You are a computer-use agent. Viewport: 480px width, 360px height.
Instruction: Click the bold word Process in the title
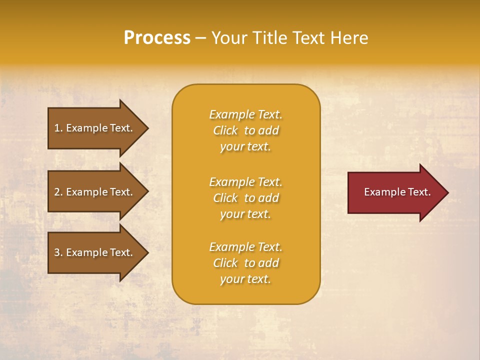pos(157,37)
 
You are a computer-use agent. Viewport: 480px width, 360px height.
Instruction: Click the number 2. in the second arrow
pos(58,192)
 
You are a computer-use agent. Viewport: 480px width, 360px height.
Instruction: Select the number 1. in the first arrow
pos(58,128)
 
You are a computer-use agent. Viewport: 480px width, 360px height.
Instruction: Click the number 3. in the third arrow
pos(58,252)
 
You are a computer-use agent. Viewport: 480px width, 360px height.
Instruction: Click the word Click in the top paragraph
pos(225,130)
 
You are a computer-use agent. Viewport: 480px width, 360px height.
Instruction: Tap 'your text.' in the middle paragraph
pos(245,214)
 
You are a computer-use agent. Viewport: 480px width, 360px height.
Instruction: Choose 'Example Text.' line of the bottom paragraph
pos(245,247)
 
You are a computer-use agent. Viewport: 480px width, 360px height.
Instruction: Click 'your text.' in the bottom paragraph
pos(245,279)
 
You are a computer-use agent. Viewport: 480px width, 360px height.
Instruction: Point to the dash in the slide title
pos(200,38)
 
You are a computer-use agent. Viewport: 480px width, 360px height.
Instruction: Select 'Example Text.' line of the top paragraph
pos(245,114)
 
